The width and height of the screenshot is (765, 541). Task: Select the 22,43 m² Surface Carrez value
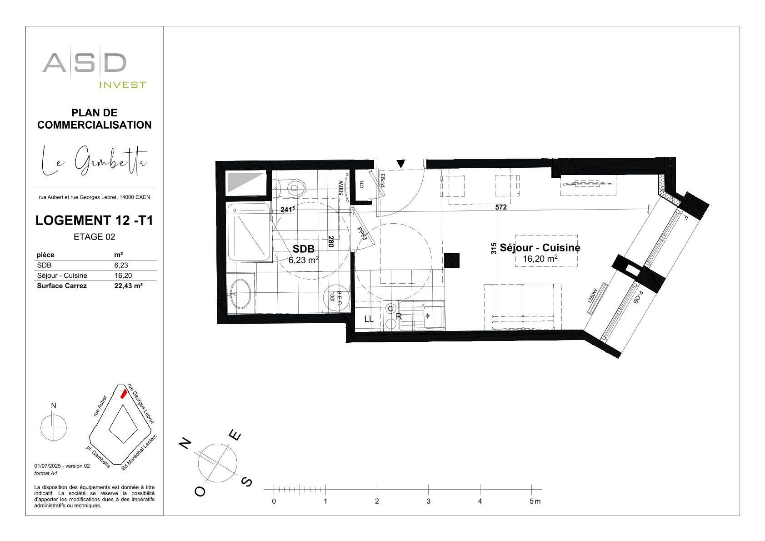[x=128, y=286]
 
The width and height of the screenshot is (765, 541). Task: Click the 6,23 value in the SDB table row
[x=121, y=265]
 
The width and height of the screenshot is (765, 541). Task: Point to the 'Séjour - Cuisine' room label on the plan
[x=540, y=247]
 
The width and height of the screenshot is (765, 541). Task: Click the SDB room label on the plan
[x=303, y=249]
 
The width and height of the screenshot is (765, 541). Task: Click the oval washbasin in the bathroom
[x=240, y=293]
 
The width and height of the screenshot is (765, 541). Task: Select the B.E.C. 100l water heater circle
[x=336, y=298]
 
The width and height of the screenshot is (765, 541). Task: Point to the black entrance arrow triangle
[x=400, y=164]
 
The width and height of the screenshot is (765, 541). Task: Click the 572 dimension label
[x=501, y=207]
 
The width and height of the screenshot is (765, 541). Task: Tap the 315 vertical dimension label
[x=494, y=248]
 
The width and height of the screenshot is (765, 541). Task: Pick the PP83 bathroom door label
[x=362, y=234]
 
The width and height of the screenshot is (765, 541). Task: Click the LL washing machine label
[x=369, y=319]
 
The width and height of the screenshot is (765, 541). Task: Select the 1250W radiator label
[x=593, y=296]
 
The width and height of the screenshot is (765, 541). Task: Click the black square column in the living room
[x=452, y=260]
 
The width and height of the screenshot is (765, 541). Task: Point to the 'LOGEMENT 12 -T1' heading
[x=94, y=220]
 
